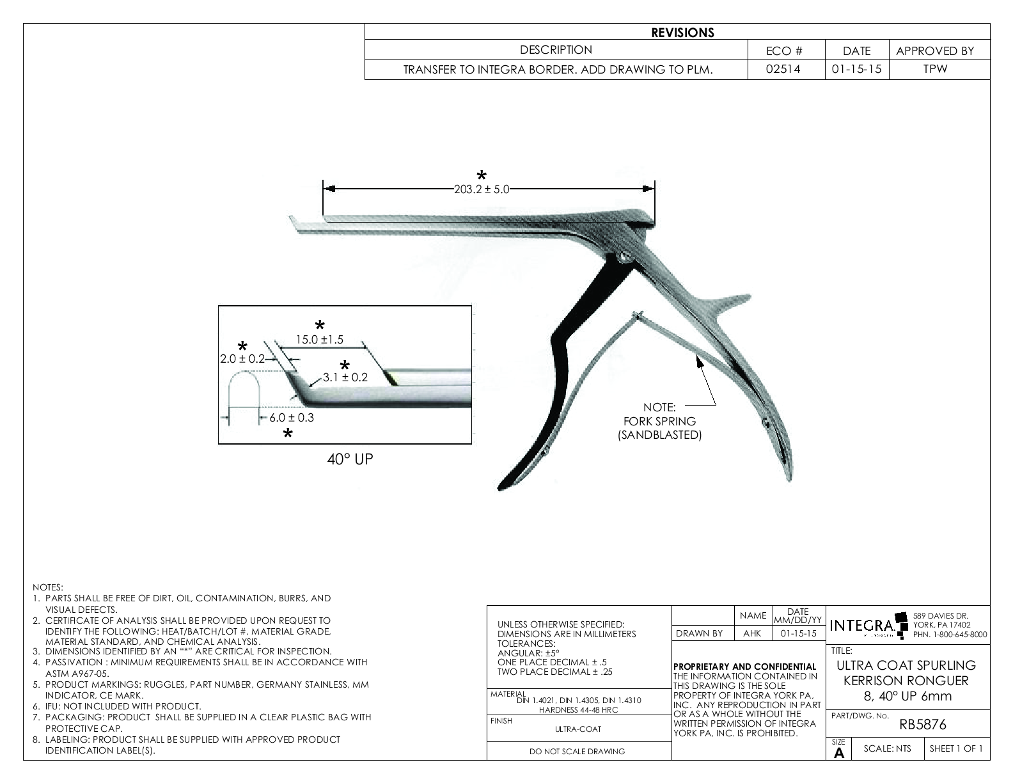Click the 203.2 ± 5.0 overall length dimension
[x=482, y=189]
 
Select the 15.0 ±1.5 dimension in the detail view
[x=319, y=340]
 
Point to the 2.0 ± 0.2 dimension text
[x=242, y=359]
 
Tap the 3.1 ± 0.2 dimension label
[x=345, y=377]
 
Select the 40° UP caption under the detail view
[x=347, y=459]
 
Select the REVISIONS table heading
[x=682, y=33]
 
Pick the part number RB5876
[x=922, y=725]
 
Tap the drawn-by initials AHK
[x=752, y=633]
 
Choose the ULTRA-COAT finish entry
[x=578, y=729]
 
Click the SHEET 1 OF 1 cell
[x=956, y=748]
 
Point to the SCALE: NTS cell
[x=886, y=748]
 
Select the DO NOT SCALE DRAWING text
[x=577, y=752]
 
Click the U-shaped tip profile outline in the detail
[x=245, y=390]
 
